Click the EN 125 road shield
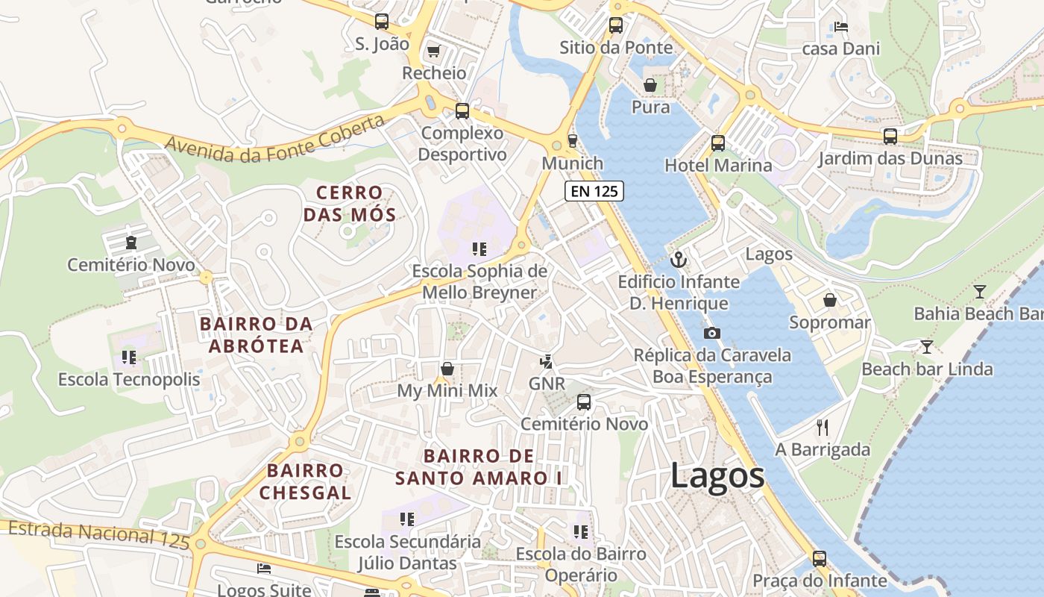pyautogui.click(x=594, y=191)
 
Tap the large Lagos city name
pyautogui.click(x=717, y=475)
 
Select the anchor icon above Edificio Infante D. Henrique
pyautogui.click(x=678, y=260)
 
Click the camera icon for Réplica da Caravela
pyautogui.click(x=712, y=333)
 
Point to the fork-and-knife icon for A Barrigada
pyautogui.click(x=823, y=427)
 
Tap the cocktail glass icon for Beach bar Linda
pyautogui.click(x=926, y=346)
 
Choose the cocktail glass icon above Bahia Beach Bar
pyautogui.click(x=979, y=291)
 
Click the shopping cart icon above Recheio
pyautogui.click(x=433, y=51)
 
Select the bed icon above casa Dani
pyautogui.click(x=841, y=27)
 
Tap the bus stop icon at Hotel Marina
pyautogui.click(x=718, y=143)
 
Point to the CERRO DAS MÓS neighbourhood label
pyautogui.click(x=349, y=204)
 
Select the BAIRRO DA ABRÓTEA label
pyautogui.click(x=256, y=335)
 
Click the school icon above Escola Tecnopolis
pyautogui.click(x=129, y=357)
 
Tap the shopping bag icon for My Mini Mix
pyautogui.click(x=447, y=369)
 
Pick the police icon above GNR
pyautogui.click(x=547, y=362)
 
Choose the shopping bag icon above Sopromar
pyautogui.click(x=829, y=300)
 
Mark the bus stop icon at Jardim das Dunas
pyautogui.click(x=890, y=136)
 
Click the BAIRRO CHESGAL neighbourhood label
pyautogui.click(x=305, y=481)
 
